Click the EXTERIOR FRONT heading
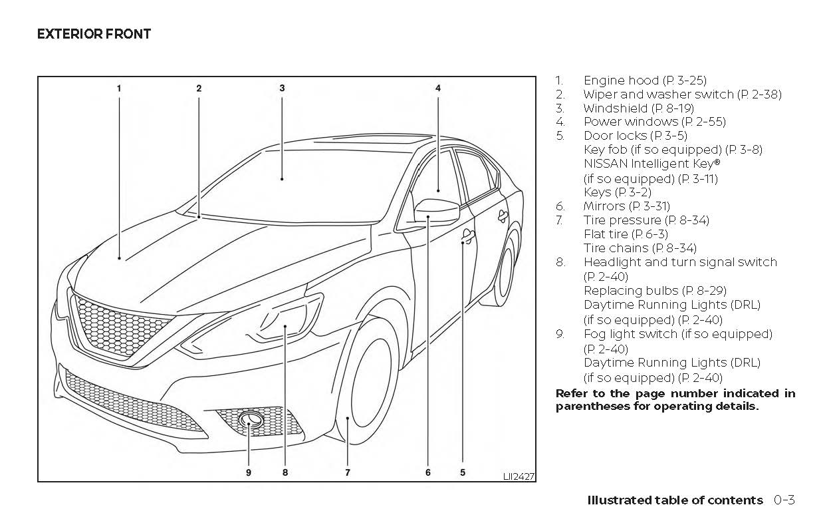[94, 34]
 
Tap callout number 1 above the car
[119, 88]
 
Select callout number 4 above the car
[438, 88]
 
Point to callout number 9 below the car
[249, 472]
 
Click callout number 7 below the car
[347, 472]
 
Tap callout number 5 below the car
[462, 472]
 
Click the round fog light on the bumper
[250, 420]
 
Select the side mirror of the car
[435, 212]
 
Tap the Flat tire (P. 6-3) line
[626, 234]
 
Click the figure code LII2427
[519, 476]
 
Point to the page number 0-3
[784, 500]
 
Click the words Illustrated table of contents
[675, 500]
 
